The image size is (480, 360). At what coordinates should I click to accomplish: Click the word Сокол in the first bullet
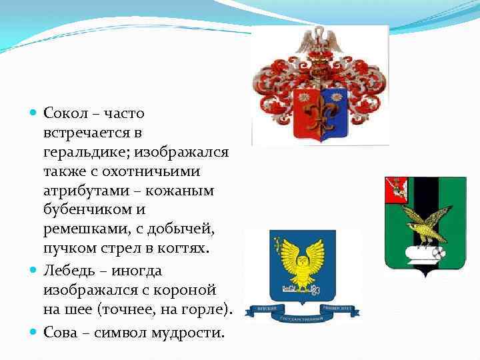62,115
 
